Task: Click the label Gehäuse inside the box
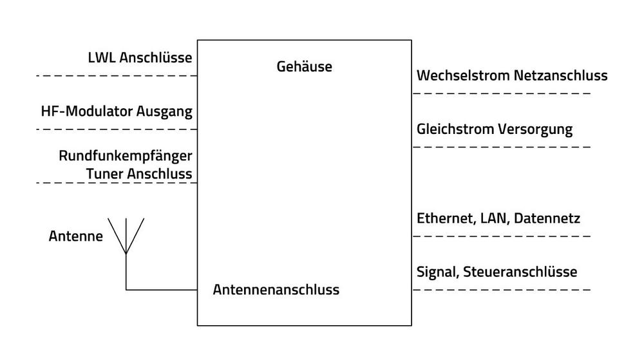click(305, 66)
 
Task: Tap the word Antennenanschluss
click(276, 290)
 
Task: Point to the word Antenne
click(76, 236)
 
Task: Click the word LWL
click(102, 57)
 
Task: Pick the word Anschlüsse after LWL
click(156, 57)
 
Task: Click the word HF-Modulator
click(87, 111)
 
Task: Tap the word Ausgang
click(164, 111)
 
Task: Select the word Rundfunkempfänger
click(126, 156)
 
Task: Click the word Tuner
click(104, 174)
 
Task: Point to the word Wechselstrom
click(463, 75)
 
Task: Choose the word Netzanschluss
click(561, 75)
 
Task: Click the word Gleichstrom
click(455, 129)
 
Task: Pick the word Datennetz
click(547, 218)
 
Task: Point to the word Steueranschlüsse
click(520, 272)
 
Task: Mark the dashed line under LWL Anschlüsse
click(117, 76)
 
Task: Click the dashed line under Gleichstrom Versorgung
click(502, 147)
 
